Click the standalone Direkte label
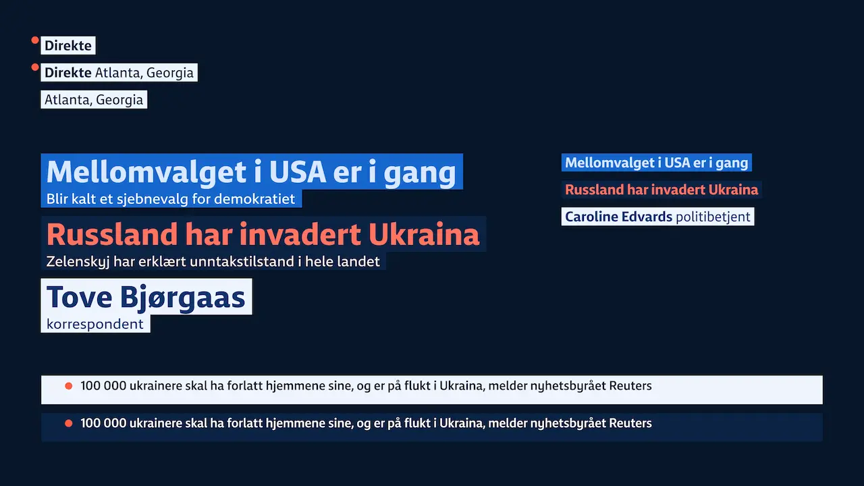(68, 45)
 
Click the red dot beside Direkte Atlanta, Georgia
(35, 67)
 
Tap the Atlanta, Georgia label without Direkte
(94, 99)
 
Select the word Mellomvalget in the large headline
(146, 172)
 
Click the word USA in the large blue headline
(298, 172)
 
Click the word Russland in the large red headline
(112, 234)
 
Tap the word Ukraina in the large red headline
(424, 234)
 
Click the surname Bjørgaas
(182, 298)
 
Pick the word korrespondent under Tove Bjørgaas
(95, 324)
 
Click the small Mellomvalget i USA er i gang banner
(657, 163)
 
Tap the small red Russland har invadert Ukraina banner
(661, 190)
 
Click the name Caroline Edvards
(619, 217)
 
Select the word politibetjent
(713, 217)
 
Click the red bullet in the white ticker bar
(69, 385)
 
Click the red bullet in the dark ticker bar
(69, 423)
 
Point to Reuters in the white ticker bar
(630, 385)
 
